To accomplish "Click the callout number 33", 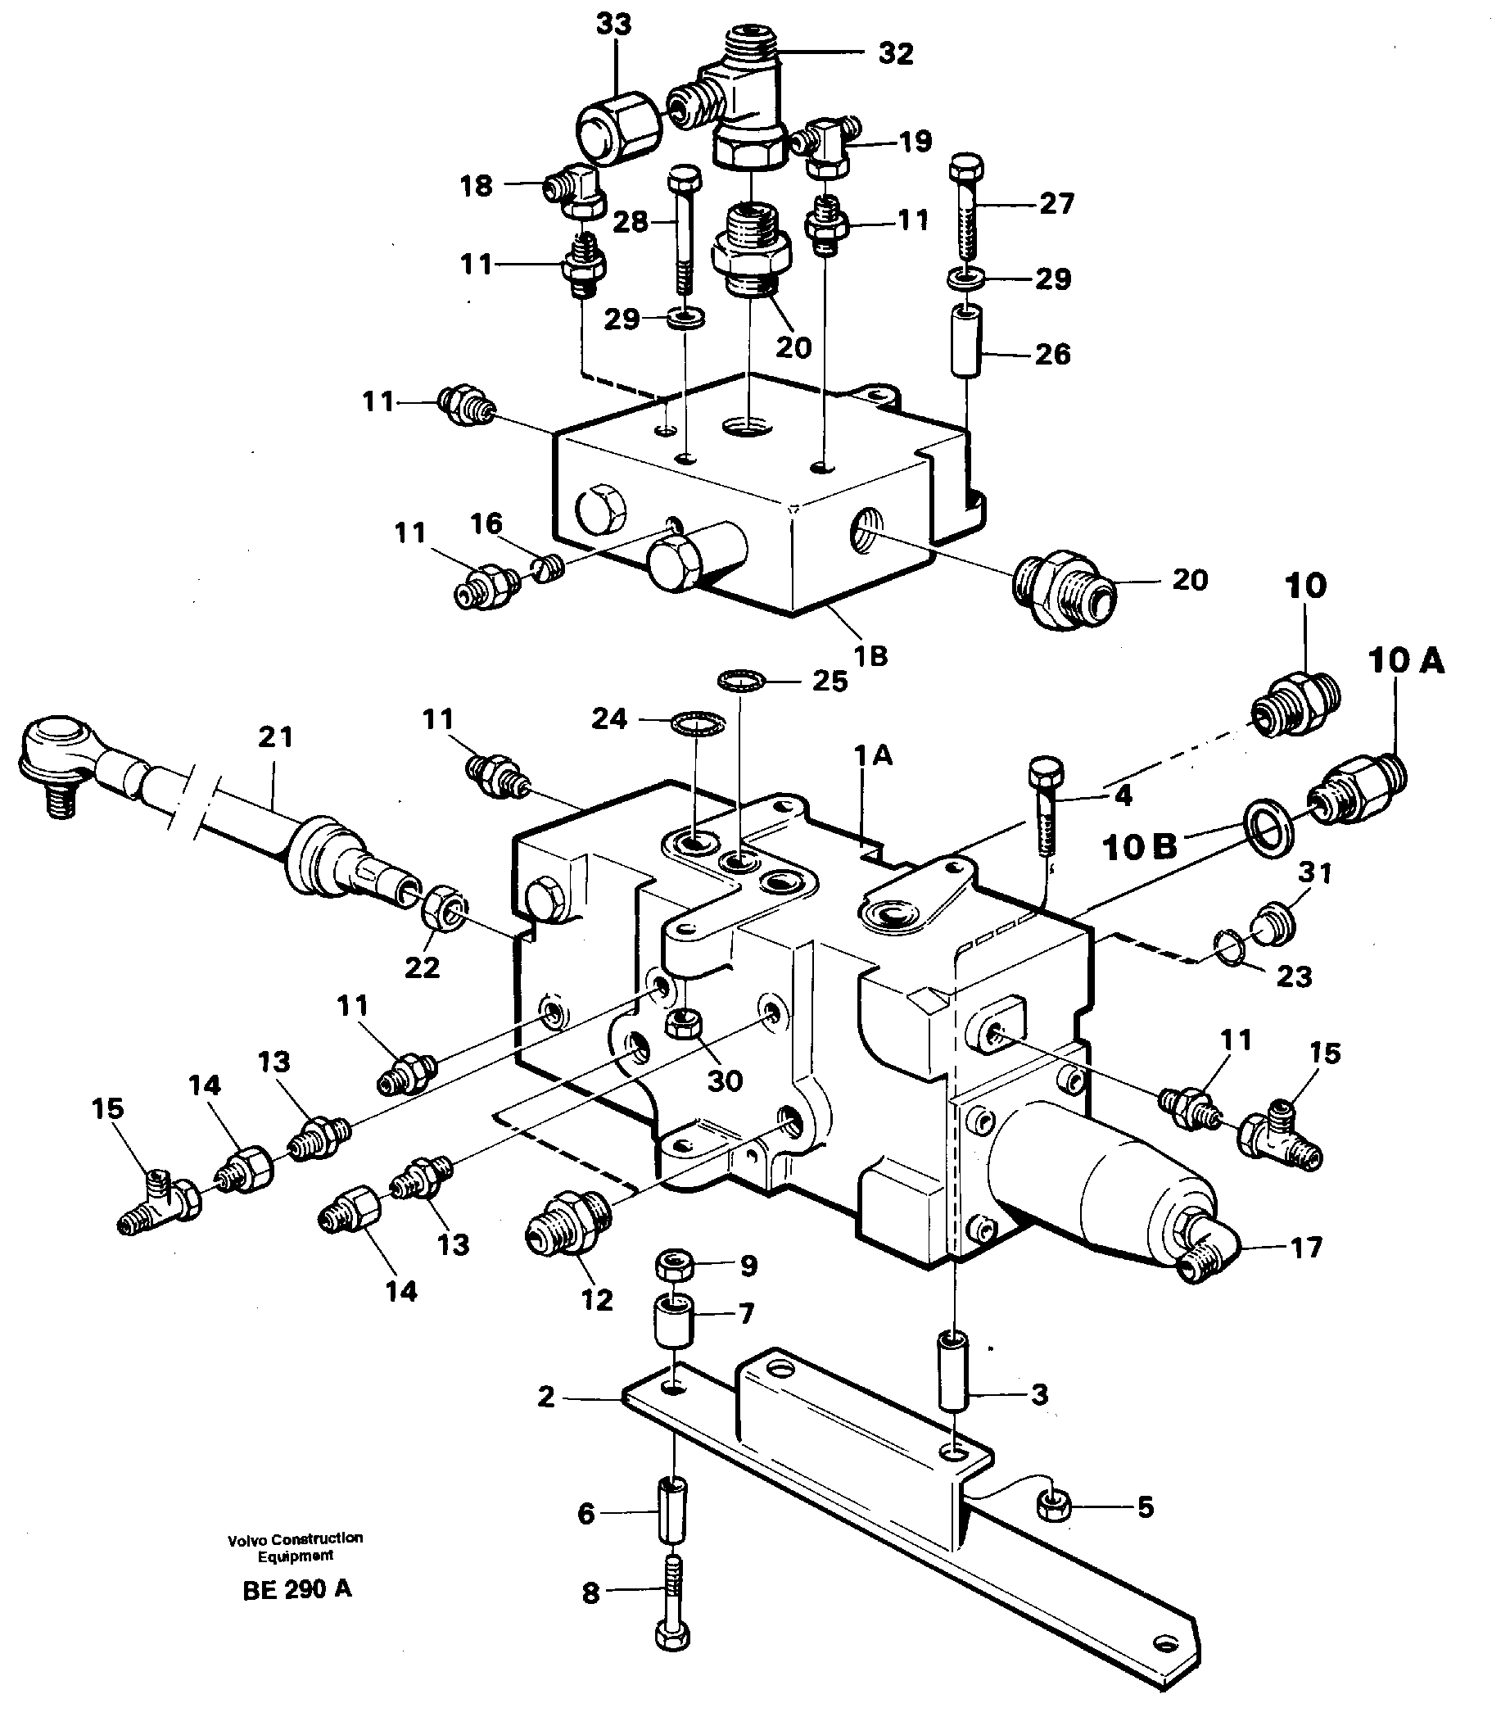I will coord(613,25).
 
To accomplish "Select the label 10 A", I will coord(1406,661).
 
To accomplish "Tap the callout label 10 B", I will coord(1140,848).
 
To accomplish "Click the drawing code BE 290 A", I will coord(297,1590).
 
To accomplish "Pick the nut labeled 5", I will coord(1051,1507).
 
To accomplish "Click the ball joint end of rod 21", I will coord(57,745).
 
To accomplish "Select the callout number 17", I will coord(1306,1248).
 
